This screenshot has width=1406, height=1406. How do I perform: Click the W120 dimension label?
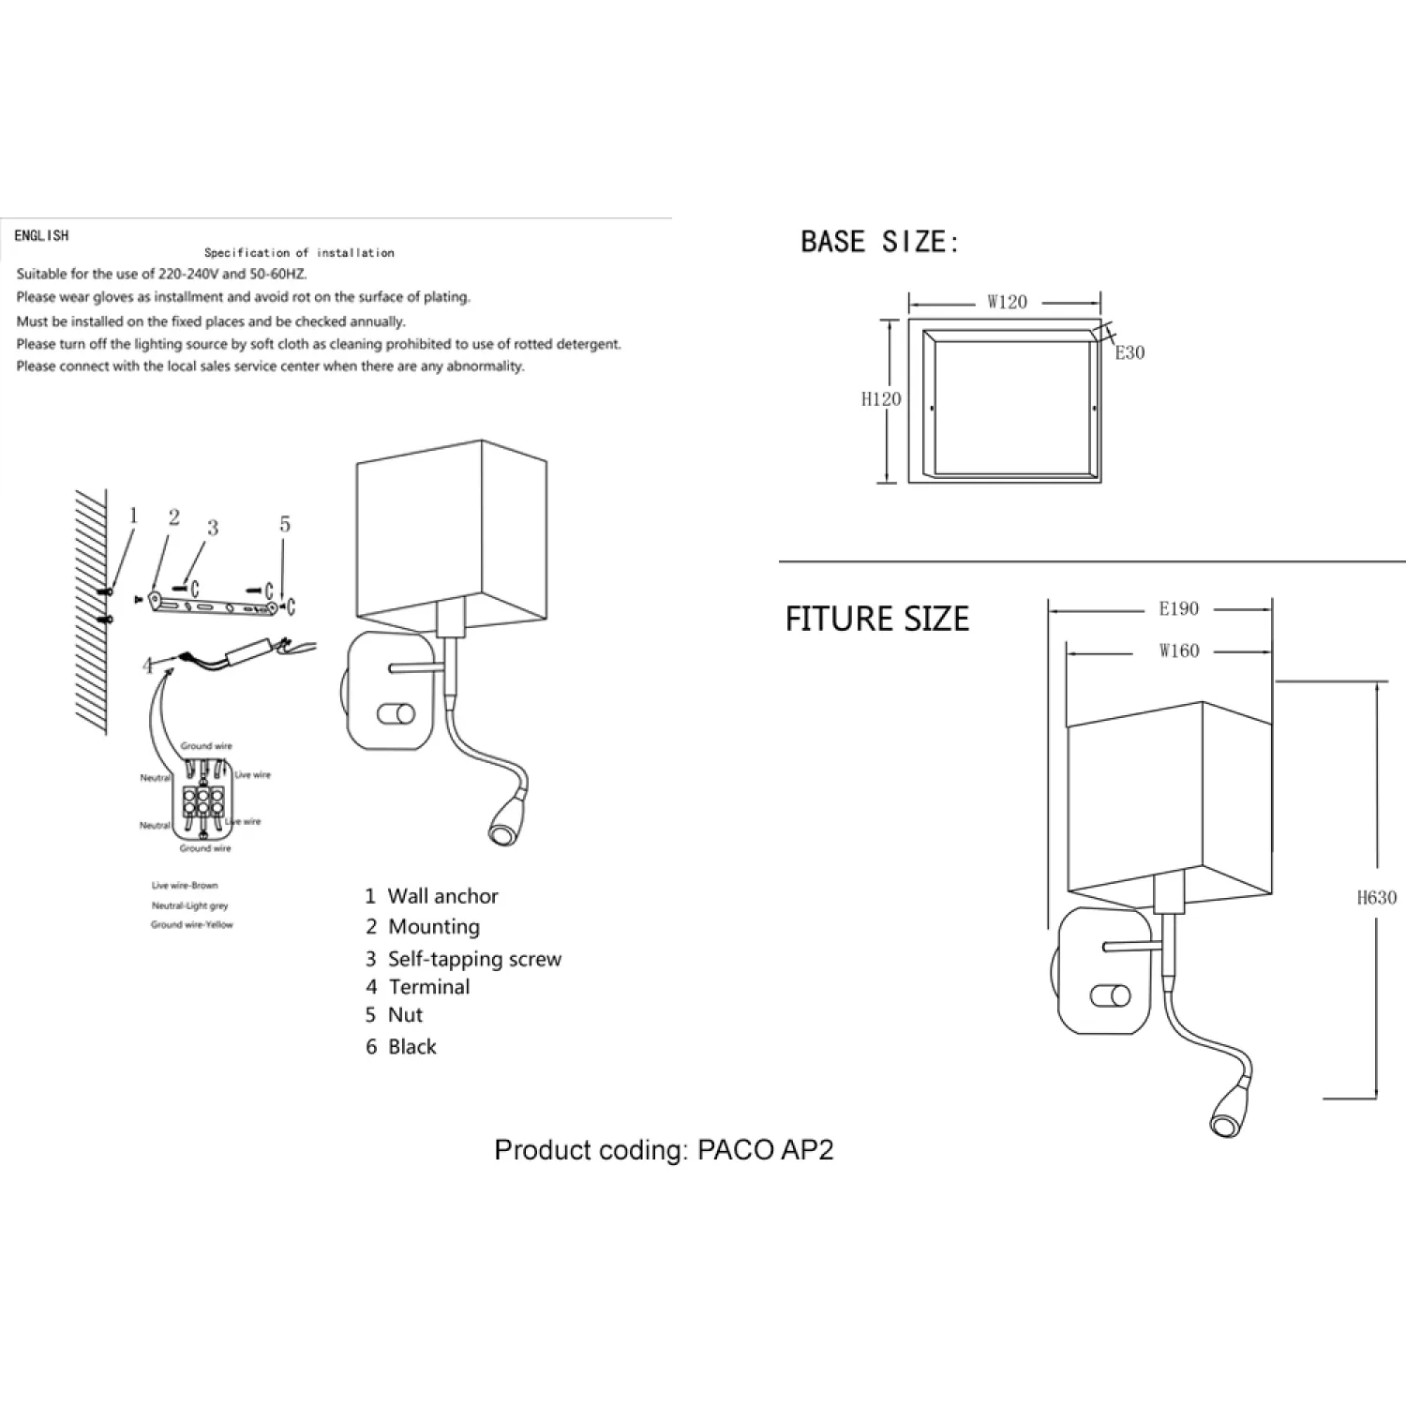(x=1007, y=303)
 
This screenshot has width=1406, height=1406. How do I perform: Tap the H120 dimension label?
(x=881, y=399)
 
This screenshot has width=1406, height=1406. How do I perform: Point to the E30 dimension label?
(x=1129, y=353)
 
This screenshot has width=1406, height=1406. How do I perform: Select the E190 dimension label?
(x=1178, y=609)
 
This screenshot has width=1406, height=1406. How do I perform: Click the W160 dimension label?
(x=1178, y=651)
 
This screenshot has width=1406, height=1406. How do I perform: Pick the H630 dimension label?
(x=1376, y=898)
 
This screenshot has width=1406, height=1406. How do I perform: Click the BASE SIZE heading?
(x=880, y=242)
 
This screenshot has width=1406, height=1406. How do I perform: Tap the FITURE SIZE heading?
(x=876, y=620)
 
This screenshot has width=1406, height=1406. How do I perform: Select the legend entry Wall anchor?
(x=442, y=896)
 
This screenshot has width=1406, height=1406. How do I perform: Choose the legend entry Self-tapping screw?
(x=474, y=959)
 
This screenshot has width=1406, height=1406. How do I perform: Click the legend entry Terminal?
(x=428, y=987)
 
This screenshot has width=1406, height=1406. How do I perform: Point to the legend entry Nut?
(x=405, y=1015)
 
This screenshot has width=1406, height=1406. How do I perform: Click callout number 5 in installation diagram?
(x=285, y=525)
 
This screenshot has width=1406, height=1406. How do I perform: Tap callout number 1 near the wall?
(x=133, y=516)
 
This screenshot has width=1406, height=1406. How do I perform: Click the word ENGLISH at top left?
(x=41, y=235)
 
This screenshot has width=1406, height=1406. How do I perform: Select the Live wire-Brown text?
(x=185, y=886)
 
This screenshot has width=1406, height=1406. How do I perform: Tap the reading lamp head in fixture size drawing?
(x=1225, y=1116)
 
